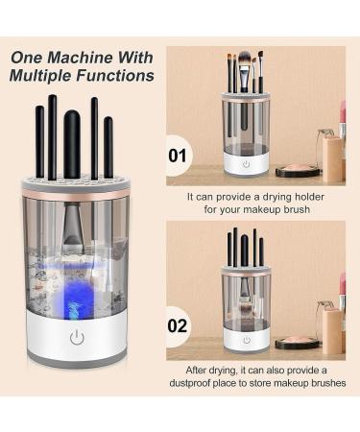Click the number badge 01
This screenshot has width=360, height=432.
pos(179,154)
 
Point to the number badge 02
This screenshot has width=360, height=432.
pos(179,325)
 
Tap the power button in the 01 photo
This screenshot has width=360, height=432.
pos(245,163)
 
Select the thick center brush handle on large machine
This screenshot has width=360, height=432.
pos(73,144)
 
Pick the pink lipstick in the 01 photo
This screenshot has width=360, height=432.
pos(342,119)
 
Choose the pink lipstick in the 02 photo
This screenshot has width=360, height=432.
pos(342,289)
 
